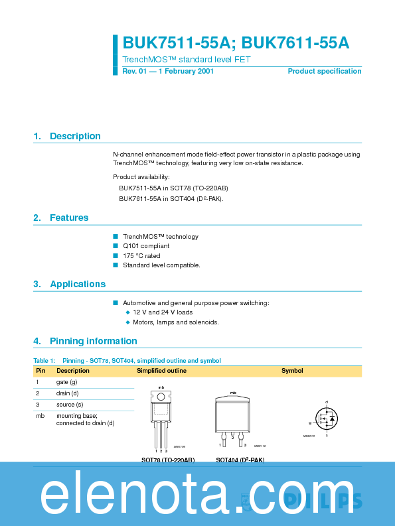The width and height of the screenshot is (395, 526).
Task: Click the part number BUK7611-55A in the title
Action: click(x=295, y=43)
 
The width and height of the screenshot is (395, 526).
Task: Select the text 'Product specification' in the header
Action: click(x=324, y=71)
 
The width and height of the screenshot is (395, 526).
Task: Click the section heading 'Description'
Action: click(x=75, y=136)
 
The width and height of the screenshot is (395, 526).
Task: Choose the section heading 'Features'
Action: click(x=69, y=218)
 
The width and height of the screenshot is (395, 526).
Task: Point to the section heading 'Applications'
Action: click(x=78, y=284)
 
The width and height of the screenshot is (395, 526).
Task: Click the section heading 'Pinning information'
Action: click(x=93, y=341)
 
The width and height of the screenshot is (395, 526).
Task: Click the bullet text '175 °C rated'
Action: click(x=141, y=255)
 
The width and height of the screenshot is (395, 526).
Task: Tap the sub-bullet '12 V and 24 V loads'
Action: click(x=163, y=312)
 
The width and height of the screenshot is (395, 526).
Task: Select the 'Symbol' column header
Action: click(x=292, y=371)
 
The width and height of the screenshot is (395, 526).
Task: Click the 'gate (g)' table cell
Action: click(x=66, y=382)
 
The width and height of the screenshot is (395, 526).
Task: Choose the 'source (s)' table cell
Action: click(x=70, y=404)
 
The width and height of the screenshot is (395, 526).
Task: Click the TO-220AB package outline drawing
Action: click(x=161, y=418)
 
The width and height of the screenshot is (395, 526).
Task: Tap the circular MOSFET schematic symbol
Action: click(x=326, y=419)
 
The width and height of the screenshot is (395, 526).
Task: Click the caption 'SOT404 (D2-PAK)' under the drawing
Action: click(x=240, y=460)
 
